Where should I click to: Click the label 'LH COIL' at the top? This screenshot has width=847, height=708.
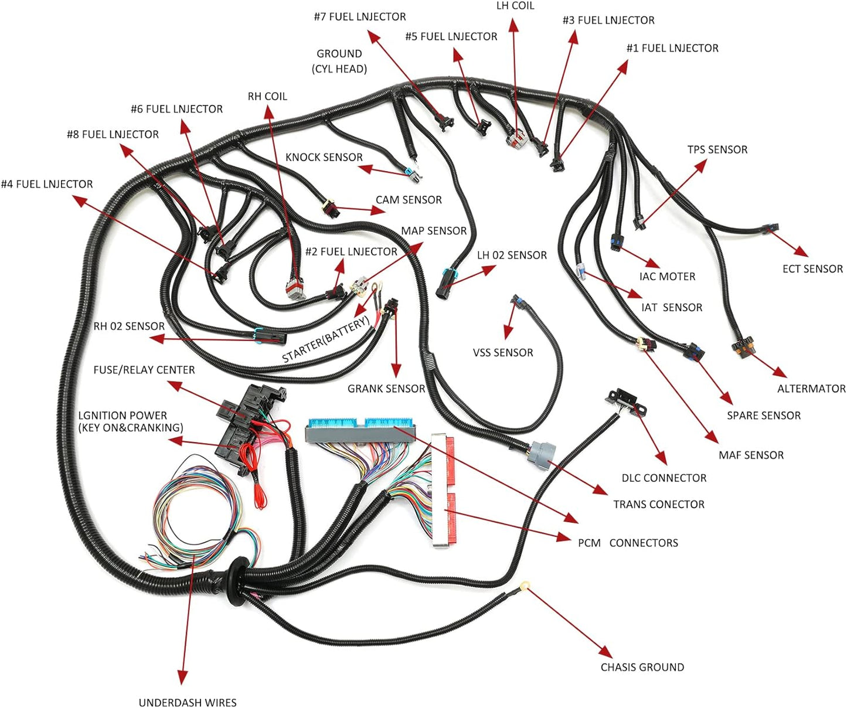point(515,6)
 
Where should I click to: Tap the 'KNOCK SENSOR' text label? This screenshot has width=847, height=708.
point(324,157)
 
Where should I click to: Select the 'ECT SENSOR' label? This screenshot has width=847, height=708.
point(812,269)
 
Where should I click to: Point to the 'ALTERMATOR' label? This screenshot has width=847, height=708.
point(811,389)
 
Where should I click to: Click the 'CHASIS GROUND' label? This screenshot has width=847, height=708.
point(642,667)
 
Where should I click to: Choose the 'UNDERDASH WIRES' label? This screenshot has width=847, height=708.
point(188,702)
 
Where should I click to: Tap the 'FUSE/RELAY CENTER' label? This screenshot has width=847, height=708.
point(144,370)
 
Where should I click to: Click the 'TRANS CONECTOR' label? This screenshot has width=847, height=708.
point(659,504)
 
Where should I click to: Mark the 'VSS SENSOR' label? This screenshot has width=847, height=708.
point(503,353)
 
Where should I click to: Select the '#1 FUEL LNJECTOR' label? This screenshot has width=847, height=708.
point(672,48)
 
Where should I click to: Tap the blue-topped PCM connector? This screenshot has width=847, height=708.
point(359,431)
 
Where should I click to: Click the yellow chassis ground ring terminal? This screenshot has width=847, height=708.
point(525,585)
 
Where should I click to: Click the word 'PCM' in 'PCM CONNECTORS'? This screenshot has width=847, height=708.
point(589,543)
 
